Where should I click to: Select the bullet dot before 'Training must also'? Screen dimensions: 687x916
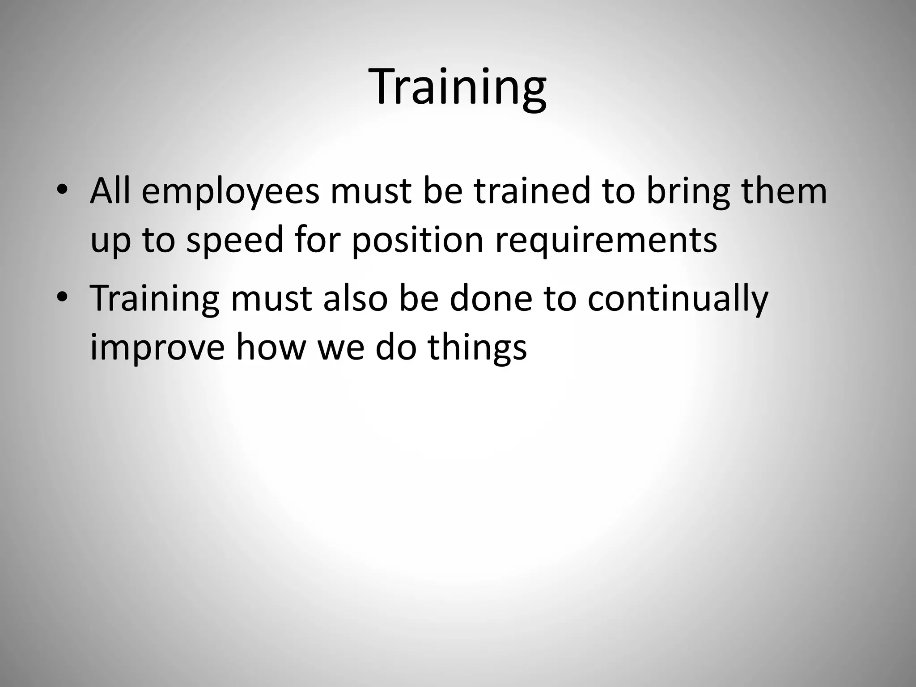coord(62,298)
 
